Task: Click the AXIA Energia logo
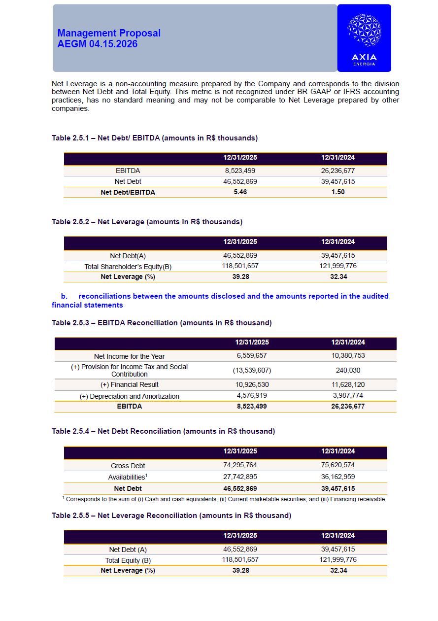(x=364, y=38)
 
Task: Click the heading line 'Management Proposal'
(x=109, y=33)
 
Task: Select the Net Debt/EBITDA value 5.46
(x=240, y=192)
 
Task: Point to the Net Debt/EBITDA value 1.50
(x=338, y=192)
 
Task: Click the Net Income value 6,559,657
(x=252, y=355)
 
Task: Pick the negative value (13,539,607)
(x=252, y=370)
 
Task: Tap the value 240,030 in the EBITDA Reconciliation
(x=348, y=370)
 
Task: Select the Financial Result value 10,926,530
(x=252, y=384)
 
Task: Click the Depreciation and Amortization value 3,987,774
(x=348, y=395)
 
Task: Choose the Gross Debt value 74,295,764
(x=240, y=465)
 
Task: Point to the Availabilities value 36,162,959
(x=338, y=477)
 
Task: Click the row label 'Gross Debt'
(x=128, y=466)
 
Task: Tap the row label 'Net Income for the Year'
(x=129, y=356)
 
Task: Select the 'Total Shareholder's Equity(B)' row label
(x=128, y=267)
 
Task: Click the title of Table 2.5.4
(x=163, y=431)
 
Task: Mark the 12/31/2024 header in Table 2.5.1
(x=338, y=158)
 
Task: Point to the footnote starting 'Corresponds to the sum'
(x=226, y=499)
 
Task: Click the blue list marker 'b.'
(x=64, y=296)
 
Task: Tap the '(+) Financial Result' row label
(x=129, y=385)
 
